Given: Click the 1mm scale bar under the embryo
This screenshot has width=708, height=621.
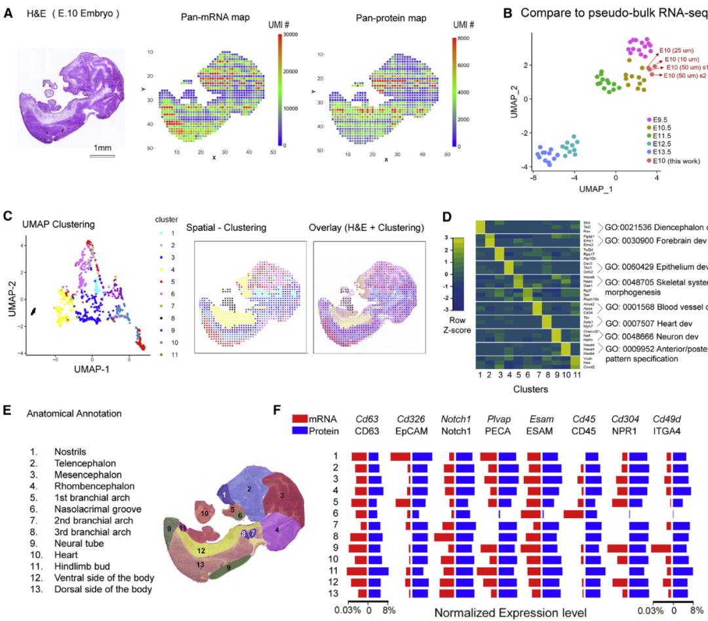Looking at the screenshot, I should (102, 156).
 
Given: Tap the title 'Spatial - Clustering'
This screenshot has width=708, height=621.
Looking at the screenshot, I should (227, 228).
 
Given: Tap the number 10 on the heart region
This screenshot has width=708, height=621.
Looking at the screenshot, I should (205, 513).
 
